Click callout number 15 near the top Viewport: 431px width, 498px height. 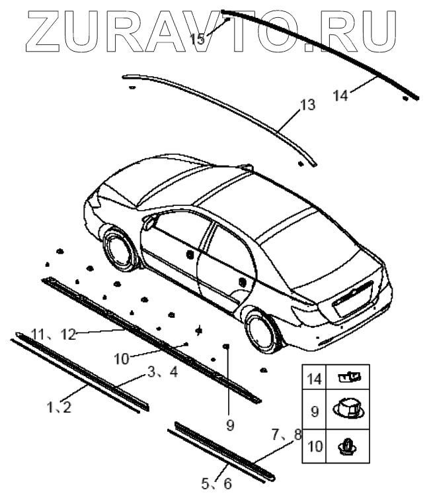tap(198, 39)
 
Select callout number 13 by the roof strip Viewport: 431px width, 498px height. tap(307, 105)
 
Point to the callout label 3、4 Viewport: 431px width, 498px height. tap(163, 372)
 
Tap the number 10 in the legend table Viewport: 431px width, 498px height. tap(314, 446)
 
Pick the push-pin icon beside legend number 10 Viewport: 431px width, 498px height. tap(348, 446)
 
